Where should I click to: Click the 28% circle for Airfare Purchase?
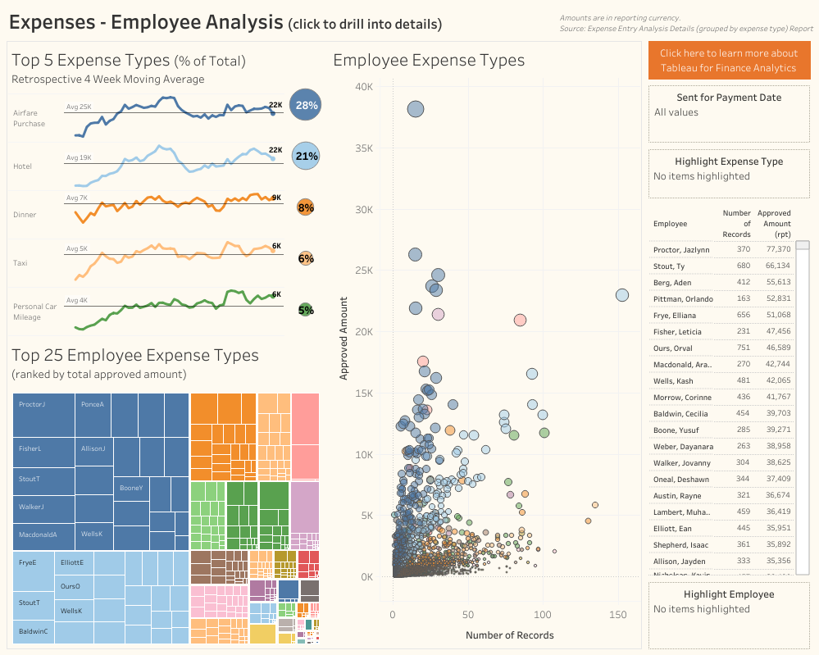[x=307, y=105]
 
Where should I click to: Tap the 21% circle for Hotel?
[x=306, y=156]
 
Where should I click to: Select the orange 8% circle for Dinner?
[x=306, y=207]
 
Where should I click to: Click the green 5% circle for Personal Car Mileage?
[x=306, y=310]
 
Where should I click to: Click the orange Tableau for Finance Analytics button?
[x=729, y=61]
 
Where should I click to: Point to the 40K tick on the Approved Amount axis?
[x=363, y=86]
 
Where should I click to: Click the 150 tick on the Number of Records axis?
[x=617, y=615]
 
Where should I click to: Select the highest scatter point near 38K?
[x=416, y=109]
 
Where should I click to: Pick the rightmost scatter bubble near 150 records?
[x=622, y=295]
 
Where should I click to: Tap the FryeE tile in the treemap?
[x=28, y=563]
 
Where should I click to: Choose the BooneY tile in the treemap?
[x=131, y=488]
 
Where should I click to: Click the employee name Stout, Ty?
[x=669, y=266]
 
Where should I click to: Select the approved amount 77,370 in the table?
[x=778, y=249]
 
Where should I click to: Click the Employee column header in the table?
[x=670, y=224]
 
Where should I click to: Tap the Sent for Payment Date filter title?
[x=729, y=98]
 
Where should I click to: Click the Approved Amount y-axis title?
[x=344, y=338]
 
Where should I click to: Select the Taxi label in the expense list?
[x=20, y=263]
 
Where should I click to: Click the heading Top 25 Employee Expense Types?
[x=135, y=355]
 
